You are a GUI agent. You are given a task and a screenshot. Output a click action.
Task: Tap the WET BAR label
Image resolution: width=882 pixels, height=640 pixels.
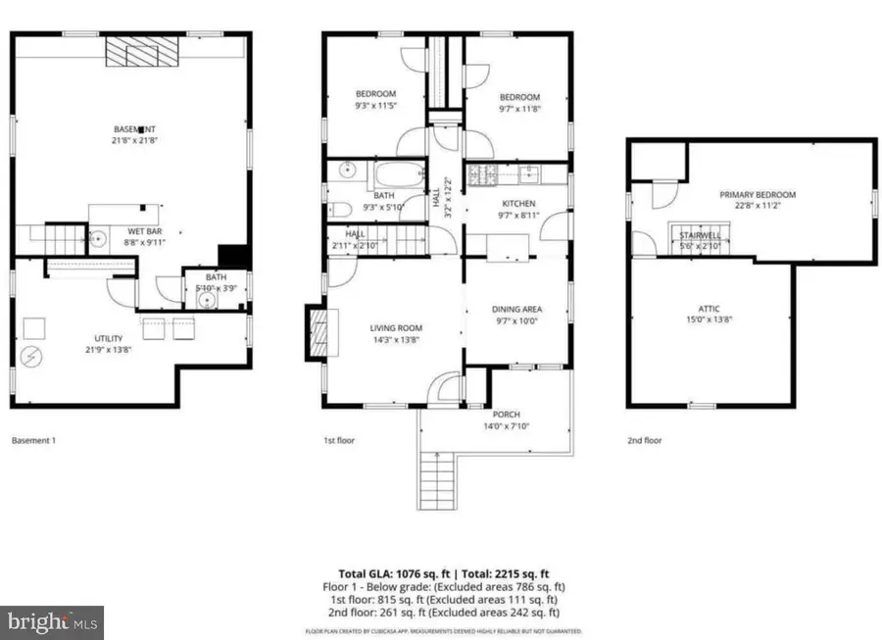tap(137, 230)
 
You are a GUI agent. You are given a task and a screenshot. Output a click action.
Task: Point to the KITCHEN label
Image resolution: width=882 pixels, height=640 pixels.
tap(517, 204)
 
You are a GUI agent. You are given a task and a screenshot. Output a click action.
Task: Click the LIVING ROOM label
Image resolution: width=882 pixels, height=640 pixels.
tap(395, 328)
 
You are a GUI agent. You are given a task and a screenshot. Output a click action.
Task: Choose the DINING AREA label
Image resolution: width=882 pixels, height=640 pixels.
tap(517, 309)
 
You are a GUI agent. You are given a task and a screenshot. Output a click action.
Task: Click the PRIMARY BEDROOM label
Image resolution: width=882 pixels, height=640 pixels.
tap(758, 195)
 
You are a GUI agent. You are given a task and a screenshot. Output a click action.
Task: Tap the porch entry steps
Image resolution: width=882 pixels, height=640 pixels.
tap(437, 481)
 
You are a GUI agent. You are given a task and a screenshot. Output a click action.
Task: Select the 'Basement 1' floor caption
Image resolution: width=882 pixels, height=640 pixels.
tap(33, 441)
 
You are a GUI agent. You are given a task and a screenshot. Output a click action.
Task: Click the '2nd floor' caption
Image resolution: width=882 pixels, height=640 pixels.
tap(645, 441)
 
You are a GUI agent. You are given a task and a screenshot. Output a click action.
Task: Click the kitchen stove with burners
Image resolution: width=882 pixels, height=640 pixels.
tap(481, 174)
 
